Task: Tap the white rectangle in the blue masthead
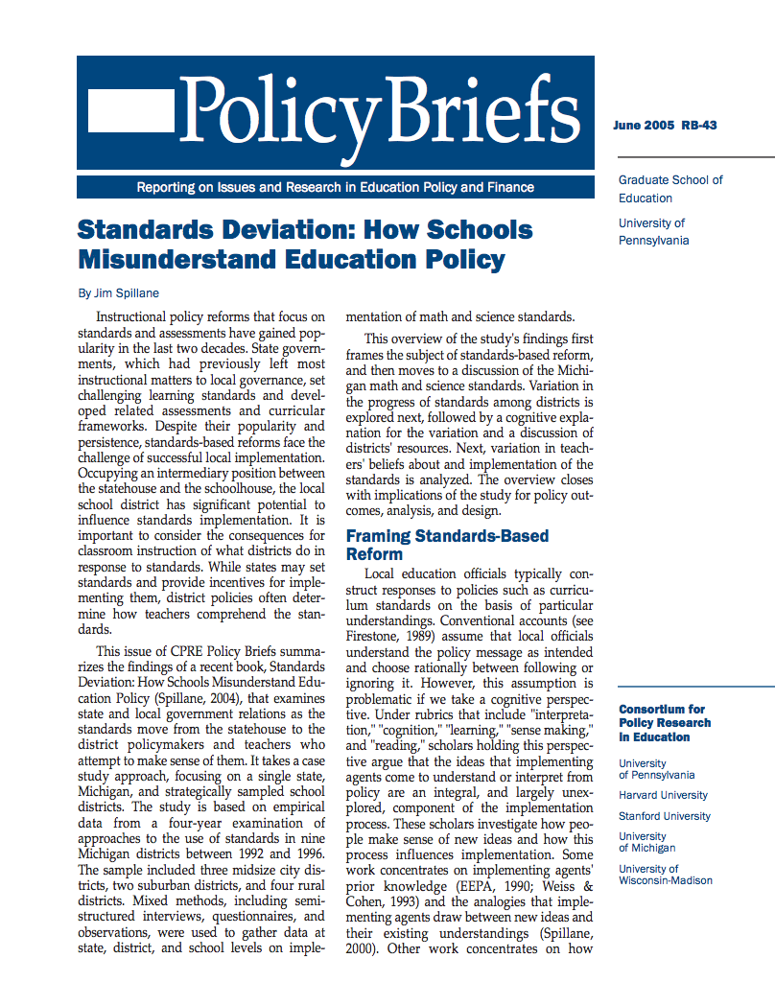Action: click(130, 112)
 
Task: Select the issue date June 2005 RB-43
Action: click(664, 126)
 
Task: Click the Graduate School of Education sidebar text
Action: click(669, 189)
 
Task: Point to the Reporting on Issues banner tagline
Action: click(335, 188)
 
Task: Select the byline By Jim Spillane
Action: click(118, 292)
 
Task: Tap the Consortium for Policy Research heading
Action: click(665, 723)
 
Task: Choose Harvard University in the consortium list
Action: click(663, 795)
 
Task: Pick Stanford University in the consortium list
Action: click(665, 816)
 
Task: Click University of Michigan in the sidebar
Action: click(646, 842)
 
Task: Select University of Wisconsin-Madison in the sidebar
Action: click(665, 875)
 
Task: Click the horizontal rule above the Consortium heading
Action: click(695, 687)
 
